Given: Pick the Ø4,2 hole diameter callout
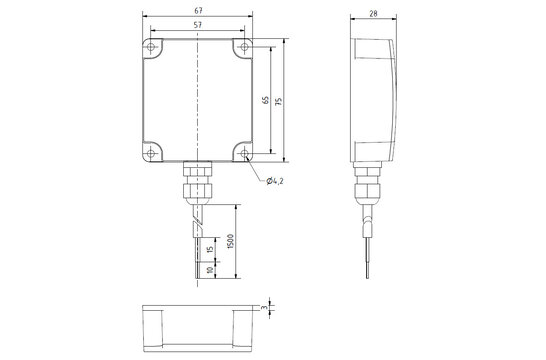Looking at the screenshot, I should [x=278, y=180].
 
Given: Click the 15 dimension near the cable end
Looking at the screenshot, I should [x=209, y=249].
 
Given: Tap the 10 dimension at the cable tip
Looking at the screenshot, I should [x=209, y=269].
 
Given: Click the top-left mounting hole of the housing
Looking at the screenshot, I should [x=151, y=48].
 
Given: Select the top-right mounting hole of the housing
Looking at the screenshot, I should [x=245, y=48].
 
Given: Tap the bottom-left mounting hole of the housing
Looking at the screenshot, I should [x=151, y=151].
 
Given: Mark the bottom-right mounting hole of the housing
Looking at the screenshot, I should [x=245, y=151].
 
